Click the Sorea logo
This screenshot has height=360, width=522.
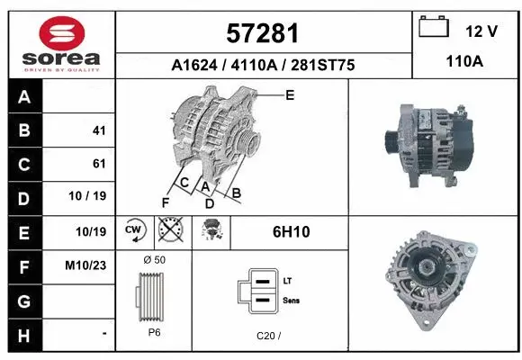pos(60,43)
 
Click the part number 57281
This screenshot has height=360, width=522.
pos(263,34)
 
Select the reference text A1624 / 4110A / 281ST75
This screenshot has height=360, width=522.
pos(264,66)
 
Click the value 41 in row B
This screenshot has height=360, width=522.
pos(99,130)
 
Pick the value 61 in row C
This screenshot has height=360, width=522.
pos(99,164)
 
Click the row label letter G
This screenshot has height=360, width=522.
pos(23,300)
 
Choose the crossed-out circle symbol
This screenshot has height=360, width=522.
pos(168,231)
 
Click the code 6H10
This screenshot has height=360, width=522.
pos(291,232)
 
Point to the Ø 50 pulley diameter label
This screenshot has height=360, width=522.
pos(155,260)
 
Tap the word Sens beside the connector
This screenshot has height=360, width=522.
pos(291,301)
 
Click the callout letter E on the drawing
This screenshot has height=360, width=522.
pos(289,94)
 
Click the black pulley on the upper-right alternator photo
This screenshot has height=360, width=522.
pos(391,141)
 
